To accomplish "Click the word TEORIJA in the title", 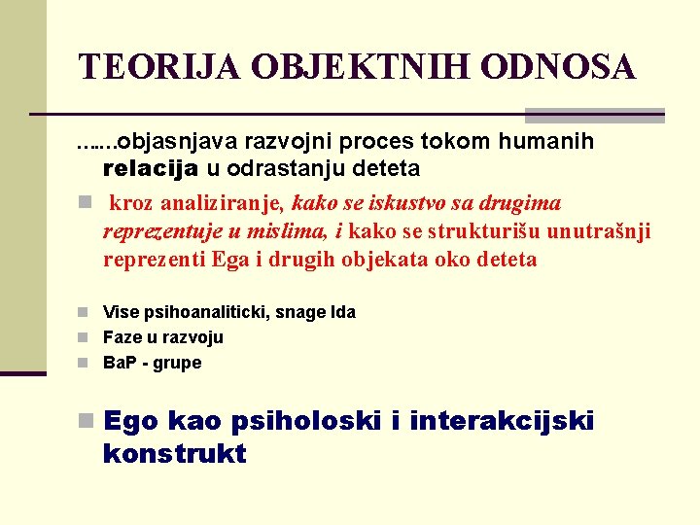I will [x=159, y=67].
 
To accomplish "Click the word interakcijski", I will [x=501, y=422].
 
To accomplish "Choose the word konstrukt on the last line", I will [x=174, y=453].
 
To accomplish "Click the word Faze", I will [x=122, y=337].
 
